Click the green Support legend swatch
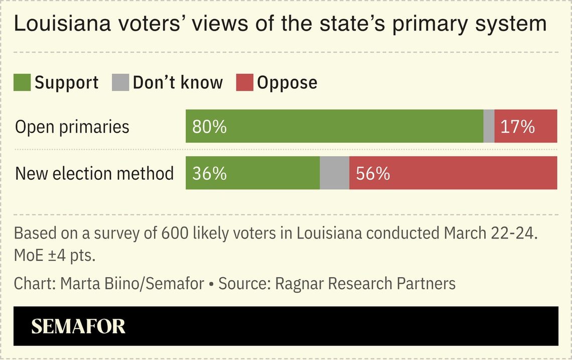point(22,82)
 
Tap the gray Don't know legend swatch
point(121,82)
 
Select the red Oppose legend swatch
point(244,82)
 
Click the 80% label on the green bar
point(209,127)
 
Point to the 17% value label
point(517,127)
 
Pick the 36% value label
point(209,173)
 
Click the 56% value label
point(373,173)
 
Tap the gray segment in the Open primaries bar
point(489,127)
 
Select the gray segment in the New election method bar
point(334,173)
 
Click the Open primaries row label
point(72,127)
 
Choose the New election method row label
point(94,173)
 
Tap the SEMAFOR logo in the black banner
point(78,326)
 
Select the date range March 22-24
point(487,233)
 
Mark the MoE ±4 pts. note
point(55,255)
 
